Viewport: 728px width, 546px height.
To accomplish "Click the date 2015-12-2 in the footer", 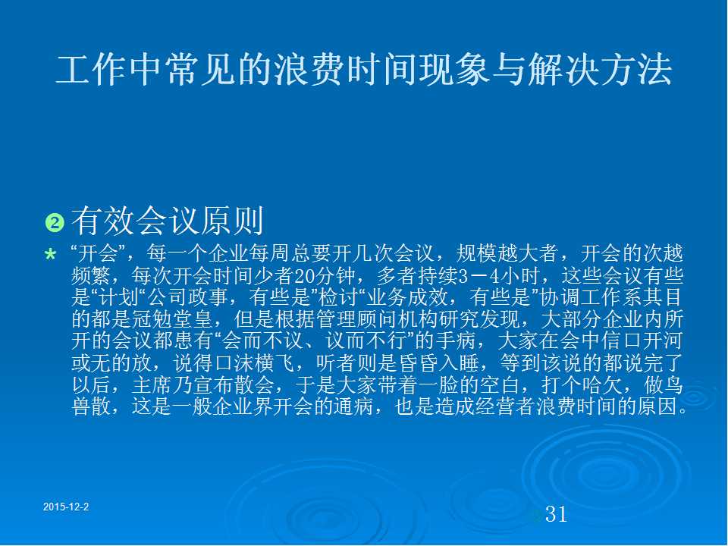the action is (x=66, y=507).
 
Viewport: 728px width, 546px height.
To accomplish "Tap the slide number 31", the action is (x=556, y=514).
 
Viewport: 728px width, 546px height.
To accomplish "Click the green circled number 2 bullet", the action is (x=55, y=222).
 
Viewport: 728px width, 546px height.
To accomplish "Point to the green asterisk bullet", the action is (x=51, y=255).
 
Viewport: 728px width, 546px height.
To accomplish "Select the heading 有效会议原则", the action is (x=168, y=221).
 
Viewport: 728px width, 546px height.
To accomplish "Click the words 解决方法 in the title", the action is (x=599, y=70).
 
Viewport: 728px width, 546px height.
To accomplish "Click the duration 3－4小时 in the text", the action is (x=504, y=276).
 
